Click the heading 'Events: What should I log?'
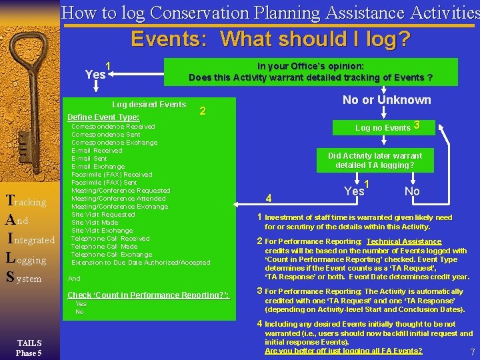[x=270, y=39]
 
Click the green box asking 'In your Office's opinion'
[x=311, y=72]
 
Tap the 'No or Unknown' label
[x=387, y=100]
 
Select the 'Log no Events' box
[x=387, y=127]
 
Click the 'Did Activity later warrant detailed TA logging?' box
[x=375, y=160]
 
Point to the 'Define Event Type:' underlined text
[x=103, y=117]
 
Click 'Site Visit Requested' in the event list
[x=103, y=215]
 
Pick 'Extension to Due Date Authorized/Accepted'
[x=141, y=263]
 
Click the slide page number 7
[x=472, y=351]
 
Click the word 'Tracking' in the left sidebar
[x=25, y=201]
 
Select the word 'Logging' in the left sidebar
[x=26, y=259]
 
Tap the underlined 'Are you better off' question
[x=343, y=351]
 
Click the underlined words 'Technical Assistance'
[x=403, y=241]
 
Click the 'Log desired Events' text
[x=149, y=105]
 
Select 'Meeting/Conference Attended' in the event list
[x=119, y=199]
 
